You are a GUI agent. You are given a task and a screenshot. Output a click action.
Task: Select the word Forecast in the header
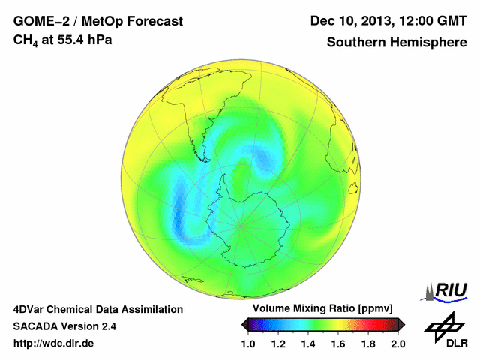click(x=154, y=21)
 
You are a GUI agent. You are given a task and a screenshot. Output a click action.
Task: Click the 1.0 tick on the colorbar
click(x=248, y=343)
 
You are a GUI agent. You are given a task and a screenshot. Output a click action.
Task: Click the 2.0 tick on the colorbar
click(x=397, y=343)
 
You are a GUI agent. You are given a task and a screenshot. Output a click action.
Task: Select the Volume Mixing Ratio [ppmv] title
click(x=319, y=308)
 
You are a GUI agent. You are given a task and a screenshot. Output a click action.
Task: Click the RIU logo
click(x=448, y=290)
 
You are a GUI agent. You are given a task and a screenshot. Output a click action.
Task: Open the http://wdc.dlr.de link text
click(x=54, y=343)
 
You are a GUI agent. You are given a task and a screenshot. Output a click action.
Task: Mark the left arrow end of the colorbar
click(x=245, y=324)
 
